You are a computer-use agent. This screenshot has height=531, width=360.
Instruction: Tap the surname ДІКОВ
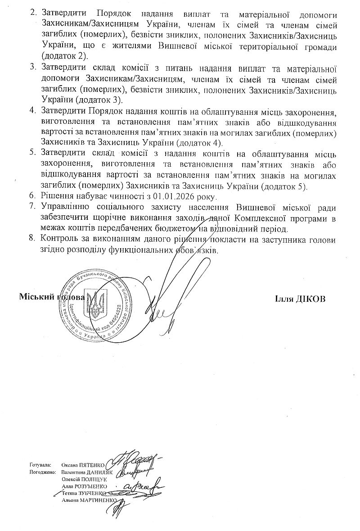[308, 299]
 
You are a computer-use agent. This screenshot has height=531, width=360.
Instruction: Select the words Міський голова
[51, 298]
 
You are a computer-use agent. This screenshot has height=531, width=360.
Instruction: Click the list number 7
[32, 207]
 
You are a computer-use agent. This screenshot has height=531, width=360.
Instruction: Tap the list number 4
[32, 110]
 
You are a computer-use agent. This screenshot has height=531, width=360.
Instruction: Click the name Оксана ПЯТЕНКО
[82, 464]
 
